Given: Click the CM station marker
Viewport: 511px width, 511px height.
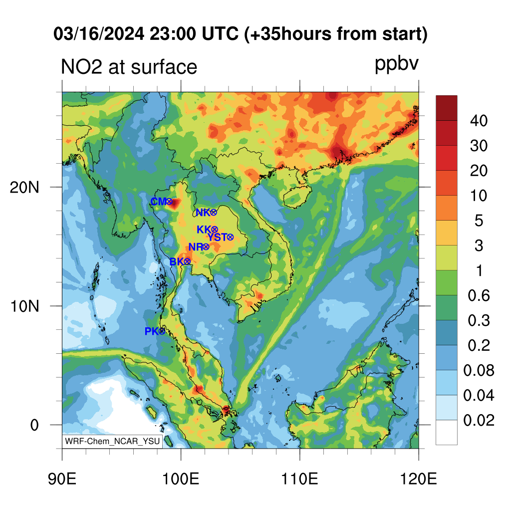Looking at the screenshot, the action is coord(169,202).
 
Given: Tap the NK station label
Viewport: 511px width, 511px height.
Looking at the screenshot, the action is coord(203,213).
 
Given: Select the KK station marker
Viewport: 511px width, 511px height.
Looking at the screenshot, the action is coord(215,230).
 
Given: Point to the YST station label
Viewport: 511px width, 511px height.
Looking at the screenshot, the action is coord(217,237).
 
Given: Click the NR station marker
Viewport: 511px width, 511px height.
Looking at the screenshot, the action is coord(206,247).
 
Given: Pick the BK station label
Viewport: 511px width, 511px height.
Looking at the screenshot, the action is coord(177,261).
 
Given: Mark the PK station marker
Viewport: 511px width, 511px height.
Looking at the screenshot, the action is coord(162,331).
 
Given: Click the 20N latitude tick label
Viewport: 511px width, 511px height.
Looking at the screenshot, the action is coord(25,188).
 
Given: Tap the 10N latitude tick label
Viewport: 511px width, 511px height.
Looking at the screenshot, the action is coord(25,306).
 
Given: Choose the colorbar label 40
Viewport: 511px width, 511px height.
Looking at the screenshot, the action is coord(479,121).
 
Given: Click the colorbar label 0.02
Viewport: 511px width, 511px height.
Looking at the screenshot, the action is coord(479,420).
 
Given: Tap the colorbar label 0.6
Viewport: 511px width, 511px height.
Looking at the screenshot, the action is coord(479,295).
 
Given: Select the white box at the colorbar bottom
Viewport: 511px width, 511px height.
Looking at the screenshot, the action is coord(447,432).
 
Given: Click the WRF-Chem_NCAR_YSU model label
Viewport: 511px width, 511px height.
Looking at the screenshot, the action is coord(112,441).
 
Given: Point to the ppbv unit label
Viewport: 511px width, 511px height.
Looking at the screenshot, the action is coord(397,64).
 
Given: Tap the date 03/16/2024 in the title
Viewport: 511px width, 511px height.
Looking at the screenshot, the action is coord(99,34).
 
